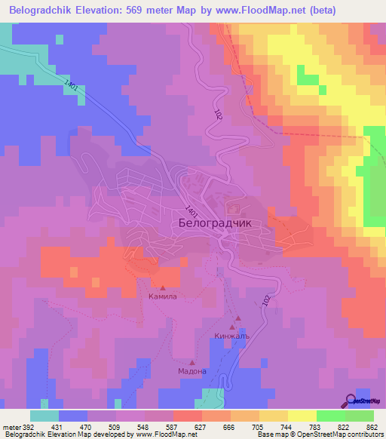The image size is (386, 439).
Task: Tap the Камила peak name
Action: (x=162, y=297)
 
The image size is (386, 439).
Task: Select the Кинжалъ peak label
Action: (x=231, y=336)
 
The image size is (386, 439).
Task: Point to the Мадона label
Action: (x=191, y=371)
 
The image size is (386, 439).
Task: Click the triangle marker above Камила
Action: (x=162, y=287)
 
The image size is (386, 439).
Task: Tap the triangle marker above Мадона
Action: (x=194, y=360)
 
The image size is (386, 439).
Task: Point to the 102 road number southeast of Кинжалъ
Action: (x=265, y=300)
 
